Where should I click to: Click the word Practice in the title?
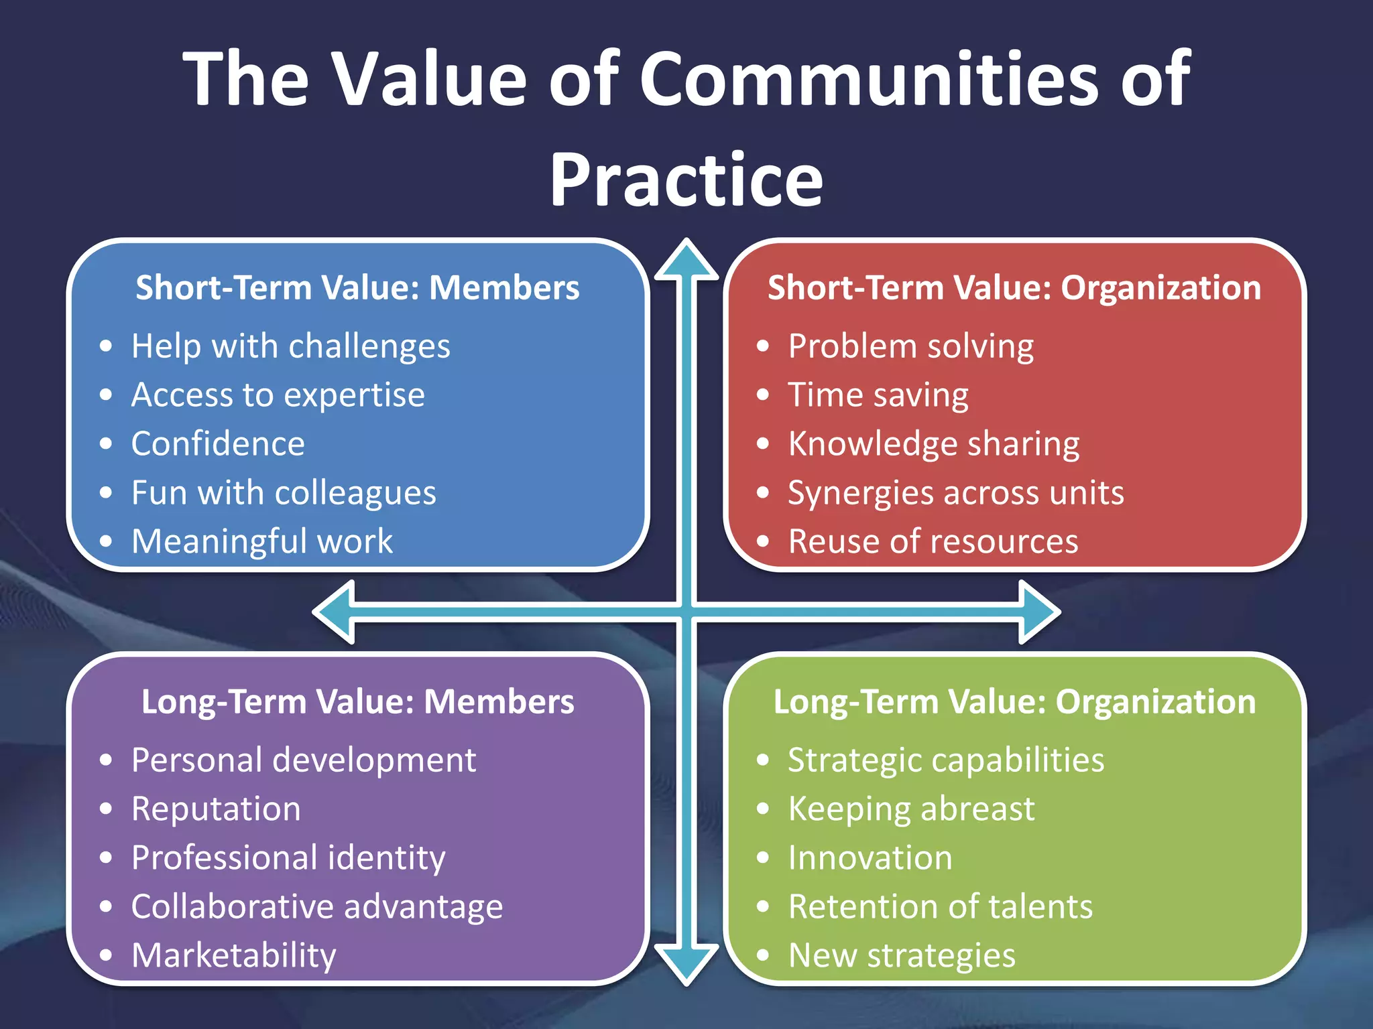pyautogui.click(x=686, y=181)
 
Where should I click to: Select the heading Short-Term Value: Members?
pyautogui.click(x=357, y=287)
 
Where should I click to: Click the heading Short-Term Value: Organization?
pyautogui.click(x=1014, y=287)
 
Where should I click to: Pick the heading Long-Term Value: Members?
pyautogui.click(x=357, y=701)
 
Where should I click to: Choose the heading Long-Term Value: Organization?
pyautogui.click(x=1014, y=701)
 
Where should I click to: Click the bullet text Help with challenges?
pyautogui.click(x=290, y=346)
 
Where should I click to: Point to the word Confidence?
pyautogui.click(x=218, y=443)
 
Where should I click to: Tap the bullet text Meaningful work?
pyautogui.click(x=261, y=541)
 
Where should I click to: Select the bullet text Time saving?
pyautogui.click(x=878, y=395)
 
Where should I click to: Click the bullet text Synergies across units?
pyautogui.click(x=955, y=493)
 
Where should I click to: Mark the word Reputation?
pyautogui.click(x=216, y=809)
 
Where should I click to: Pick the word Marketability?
pyautogui.click(x=233, y=955)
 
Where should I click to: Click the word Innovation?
pyautogui.click(x=870, y=857)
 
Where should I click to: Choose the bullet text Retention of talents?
pyautogui.click(x=940, y=906)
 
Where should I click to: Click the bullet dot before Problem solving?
pyautogui.click(x=763, y=346)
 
